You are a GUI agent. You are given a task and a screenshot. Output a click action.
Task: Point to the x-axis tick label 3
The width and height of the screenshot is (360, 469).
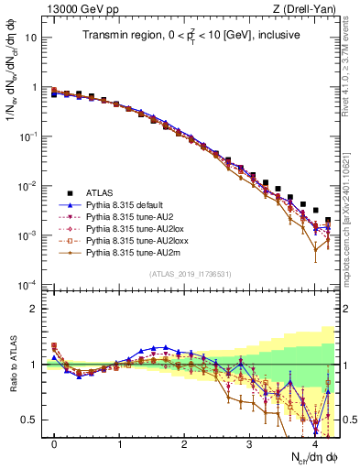click(250, 444)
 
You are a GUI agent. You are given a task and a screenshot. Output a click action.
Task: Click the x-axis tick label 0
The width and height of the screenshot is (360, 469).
click(55, 444)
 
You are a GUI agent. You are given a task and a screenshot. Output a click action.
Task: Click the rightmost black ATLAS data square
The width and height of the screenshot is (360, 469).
click(328, 221)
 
